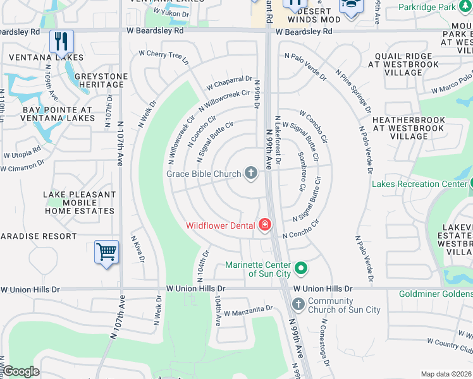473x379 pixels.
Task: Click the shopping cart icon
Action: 106,252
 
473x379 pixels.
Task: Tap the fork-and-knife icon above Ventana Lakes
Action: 61,42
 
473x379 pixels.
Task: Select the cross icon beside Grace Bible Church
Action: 251,173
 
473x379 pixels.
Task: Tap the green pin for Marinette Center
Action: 301,268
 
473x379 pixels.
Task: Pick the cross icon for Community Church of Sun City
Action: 298,306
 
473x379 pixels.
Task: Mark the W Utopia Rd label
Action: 22,152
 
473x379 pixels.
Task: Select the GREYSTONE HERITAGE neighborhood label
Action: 101,81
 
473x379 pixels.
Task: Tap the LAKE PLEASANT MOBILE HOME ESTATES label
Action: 79,203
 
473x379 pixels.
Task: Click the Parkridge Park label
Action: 436,8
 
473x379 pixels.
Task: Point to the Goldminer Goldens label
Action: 436,294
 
